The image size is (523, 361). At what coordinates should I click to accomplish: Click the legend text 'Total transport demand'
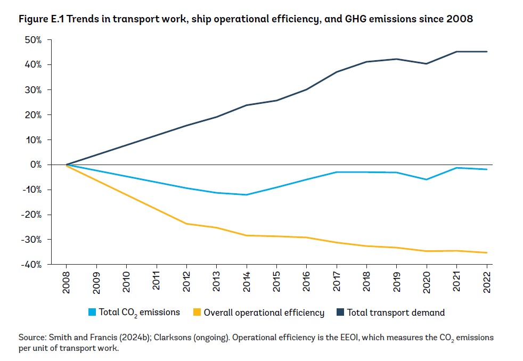click(396, 313)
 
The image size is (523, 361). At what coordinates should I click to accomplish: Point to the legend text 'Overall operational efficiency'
click(264, 313)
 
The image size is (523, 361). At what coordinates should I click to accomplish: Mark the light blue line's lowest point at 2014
click(247, 195)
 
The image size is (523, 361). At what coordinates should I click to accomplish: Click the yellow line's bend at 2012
click(186, 224)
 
